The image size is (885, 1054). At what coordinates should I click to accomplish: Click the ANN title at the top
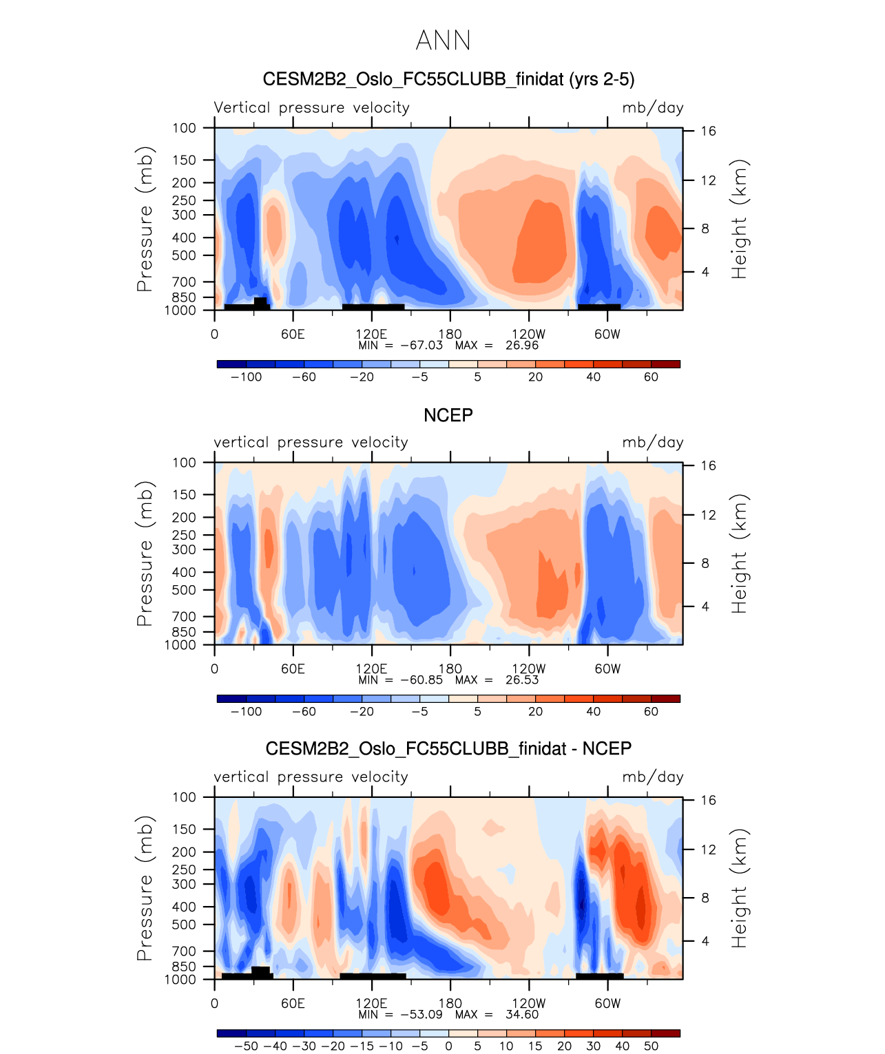443,41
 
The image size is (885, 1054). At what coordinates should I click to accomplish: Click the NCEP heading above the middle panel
448,415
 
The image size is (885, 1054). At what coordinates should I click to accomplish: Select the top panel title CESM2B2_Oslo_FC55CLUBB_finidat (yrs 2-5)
448,80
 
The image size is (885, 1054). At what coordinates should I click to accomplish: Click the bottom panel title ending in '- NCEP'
448,749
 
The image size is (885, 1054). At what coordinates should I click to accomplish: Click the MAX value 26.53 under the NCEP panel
522,679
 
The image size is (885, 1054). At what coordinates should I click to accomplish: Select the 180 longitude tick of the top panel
450,334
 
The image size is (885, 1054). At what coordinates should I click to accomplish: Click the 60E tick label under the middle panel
293,668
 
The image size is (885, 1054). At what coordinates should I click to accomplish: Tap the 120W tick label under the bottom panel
529,1003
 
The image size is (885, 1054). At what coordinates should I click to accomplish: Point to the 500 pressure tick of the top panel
184,255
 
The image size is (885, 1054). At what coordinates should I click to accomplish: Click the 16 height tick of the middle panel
709,466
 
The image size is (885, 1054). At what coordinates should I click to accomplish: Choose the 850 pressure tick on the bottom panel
184,967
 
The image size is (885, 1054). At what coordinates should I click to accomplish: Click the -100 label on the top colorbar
247,377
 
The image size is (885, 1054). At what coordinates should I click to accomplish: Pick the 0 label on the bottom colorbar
448,1046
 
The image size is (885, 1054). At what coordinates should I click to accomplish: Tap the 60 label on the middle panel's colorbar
651,711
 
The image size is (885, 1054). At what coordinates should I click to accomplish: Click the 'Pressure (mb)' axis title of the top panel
145,219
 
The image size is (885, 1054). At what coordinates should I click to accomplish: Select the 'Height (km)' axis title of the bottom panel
739,888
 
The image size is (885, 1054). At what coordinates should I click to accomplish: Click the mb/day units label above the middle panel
653,442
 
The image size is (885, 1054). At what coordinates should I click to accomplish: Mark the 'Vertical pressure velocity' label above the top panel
311,107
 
